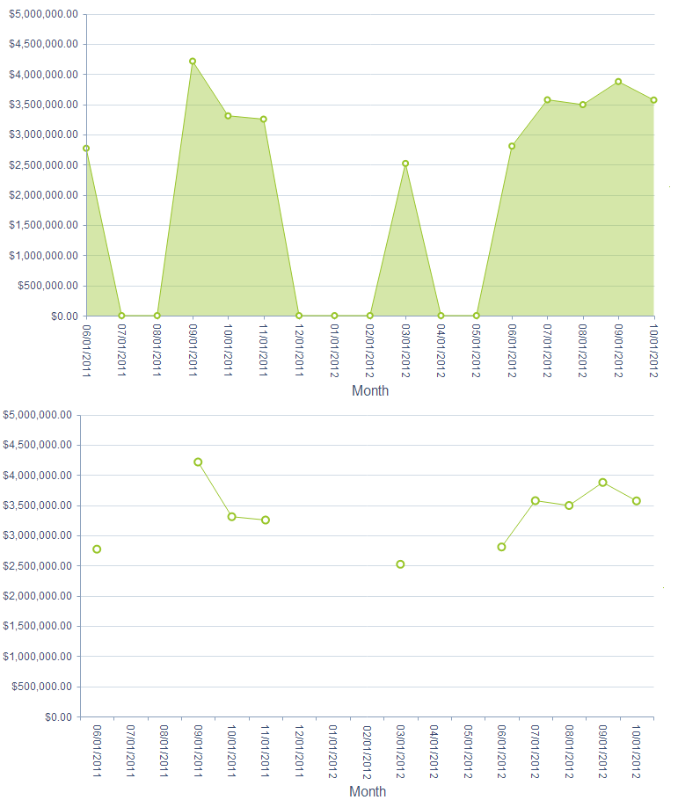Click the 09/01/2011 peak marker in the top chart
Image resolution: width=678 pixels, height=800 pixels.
click(193, 62)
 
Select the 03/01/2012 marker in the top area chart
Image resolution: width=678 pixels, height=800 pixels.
click(405, 164)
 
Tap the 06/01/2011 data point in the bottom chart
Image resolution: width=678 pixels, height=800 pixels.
click(97, 549)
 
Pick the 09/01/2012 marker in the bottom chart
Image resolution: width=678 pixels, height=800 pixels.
click(602, 483)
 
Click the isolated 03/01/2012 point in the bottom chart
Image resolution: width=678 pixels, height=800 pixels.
click(400, 564)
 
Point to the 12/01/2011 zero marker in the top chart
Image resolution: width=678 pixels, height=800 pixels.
click(299, 316)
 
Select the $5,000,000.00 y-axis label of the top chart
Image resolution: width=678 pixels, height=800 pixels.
click(43, 14)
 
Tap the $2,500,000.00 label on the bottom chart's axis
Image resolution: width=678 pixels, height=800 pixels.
click(38, 565)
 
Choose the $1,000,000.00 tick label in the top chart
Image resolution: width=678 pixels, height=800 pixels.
click(43, 256)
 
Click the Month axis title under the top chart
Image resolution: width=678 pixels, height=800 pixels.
click(370, 391)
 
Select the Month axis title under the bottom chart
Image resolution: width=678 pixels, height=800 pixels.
click(368, 791)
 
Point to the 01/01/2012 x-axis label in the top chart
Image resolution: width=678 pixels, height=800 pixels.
click(334, 349)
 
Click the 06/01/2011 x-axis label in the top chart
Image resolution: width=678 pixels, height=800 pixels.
click(86, 349)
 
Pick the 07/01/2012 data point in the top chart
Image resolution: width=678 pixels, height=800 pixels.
click(547, 100)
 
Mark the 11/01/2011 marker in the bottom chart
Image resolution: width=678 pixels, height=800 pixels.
click(266, 520)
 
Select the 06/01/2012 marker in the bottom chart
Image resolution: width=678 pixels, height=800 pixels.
click(501, 547)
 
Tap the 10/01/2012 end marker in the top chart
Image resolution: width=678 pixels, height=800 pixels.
click(653, 100)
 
